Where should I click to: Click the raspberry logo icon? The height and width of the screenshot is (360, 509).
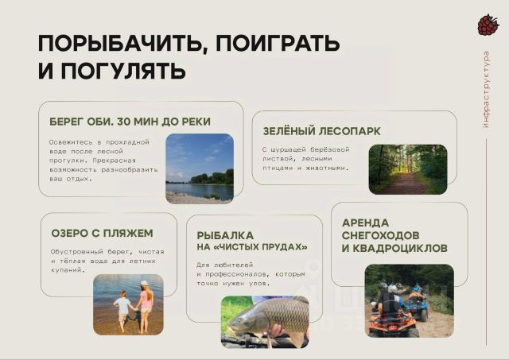(x=488, y=25)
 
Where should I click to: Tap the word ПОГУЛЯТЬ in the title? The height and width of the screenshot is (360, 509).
(x=123, y=71)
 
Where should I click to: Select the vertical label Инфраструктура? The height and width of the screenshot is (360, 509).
(x=486, y=89)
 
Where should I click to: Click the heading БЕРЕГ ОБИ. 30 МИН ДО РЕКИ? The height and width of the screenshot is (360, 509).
(x=130, y=122)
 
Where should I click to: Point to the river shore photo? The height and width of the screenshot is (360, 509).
(x=200, y=168)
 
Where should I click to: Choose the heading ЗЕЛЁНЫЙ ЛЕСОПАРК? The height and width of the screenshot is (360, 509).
(x=321, y=131)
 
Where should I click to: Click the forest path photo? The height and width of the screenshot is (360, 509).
(x=408, y=169)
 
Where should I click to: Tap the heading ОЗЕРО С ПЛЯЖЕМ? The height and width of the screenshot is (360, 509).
(x=102, y=233)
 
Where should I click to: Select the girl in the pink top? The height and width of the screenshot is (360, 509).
(x=145, y=306)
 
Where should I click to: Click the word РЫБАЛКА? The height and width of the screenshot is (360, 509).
(x=225, y=235)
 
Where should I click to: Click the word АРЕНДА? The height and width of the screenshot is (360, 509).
(x=365, y=223)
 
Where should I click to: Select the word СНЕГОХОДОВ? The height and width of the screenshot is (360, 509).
(x=380, y=235)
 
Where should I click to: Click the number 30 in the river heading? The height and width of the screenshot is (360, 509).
(x=123, y=122)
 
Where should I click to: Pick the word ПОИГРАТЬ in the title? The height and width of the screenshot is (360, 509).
(x=278, y=44)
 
